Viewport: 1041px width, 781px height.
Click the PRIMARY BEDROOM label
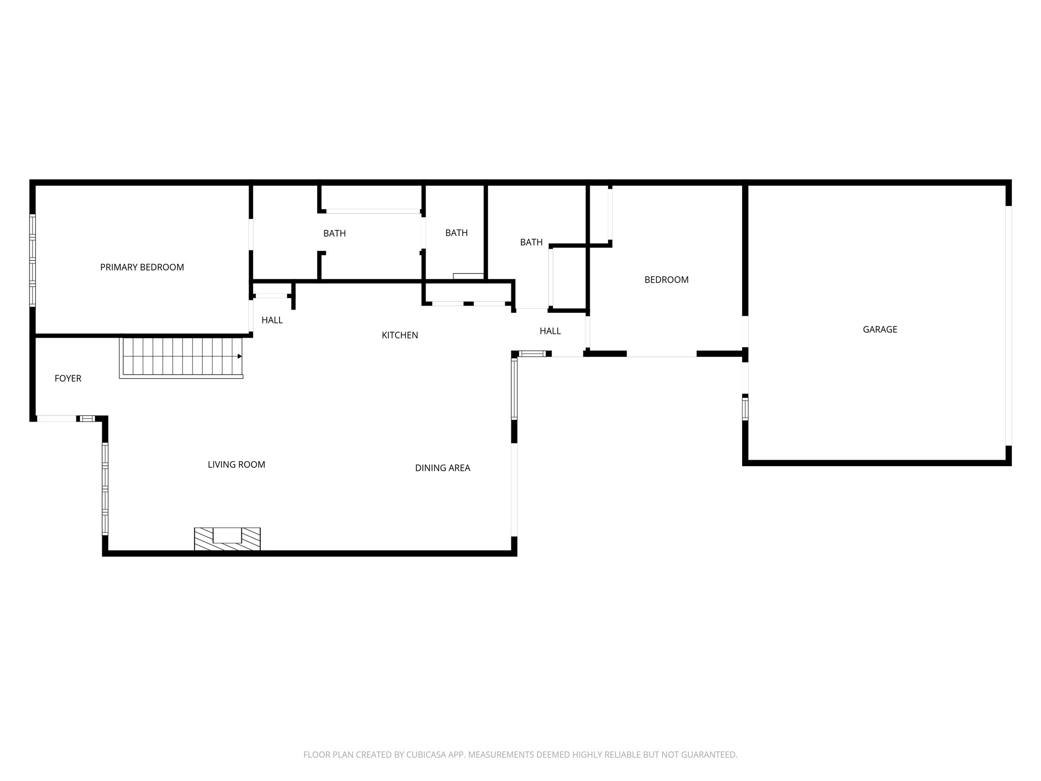point(142,267)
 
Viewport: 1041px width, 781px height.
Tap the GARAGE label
point(880,329)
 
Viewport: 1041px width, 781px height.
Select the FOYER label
point(68,378)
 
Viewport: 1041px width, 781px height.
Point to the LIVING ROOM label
point(236,465)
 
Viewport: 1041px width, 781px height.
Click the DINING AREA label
point(442,468)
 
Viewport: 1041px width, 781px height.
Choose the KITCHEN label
point(400,335)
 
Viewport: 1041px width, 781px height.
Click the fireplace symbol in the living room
point(227,538)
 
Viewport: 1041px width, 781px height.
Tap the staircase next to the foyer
point(180,356)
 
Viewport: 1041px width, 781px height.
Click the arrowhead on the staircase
point(239,356)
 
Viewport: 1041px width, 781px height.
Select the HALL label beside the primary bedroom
point(272,320)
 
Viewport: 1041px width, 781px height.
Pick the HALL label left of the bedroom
point(550,332)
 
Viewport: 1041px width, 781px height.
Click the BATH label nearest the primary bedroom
point(334,234)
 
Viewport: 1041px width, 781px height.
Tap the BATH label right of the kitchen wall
point(531,243)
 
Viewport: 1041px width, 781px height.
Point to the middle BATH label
point(456,233)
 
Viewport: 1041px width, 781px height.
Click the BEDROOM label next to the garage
point(666,280)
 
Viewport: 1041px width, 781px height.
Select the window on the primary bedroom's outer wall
point(33,260)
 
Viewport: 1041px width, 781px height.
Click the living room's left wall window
point(105,488)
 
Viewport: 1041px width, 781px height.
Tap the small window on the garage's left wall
point(745,408)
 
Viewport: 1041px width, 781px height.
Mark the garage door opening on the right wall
point(1008,325)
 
